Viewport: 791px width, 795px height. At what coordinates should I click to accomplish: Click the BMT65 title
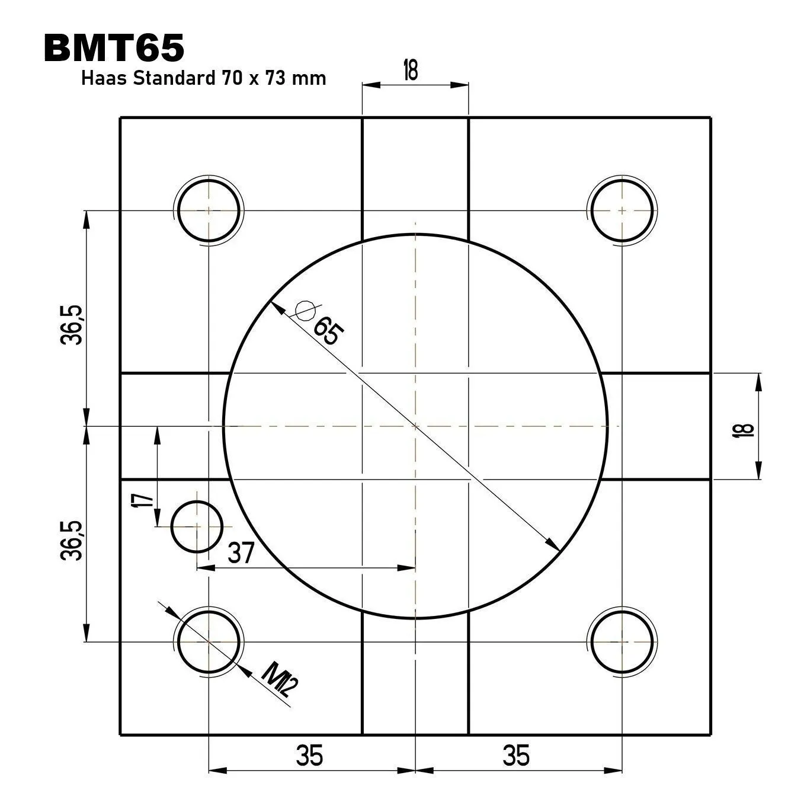tap(114, 48)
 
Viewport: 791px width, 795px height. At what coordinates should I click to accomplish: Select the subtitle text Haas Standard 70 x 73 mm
tap(203, 78)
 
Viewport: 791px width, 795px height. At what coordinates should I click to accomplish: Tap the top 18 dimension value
tap(410, 70)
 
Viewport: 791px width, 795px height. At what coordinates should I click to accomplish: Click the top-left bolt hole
tap(209, 210)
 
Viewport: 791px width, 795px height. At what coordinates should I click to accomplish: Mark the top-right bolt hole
tap(622, 210)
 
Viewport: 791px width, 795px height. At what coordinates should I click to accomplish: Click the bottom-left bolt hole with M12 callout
tap(209, 641)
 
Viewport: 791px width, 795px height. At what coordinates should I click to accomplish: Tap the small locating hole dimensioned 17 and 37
tap(197, 526)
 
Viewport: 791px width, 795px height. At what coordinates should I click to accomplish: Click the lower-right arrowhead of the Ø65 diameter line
tap(554, 545)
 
